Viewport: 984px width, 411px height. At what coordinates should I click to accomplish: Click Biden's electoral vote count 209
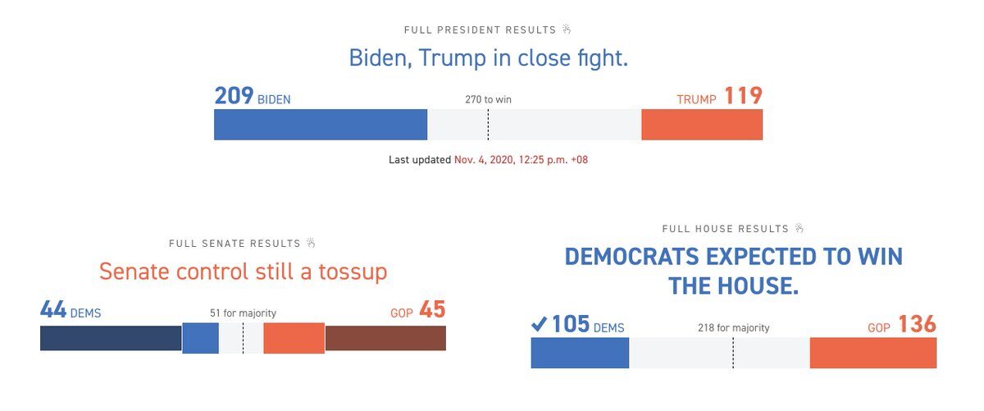pos(234,96)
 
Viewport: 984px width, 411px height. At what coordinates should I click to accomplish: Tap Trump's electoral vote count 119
pos(743,96)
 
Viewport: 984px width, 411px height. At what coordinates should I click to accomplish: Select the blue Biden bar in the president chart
pos(321,125)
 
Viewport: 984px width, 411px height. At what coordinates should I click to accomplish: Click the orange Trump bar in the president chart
pos(702,125)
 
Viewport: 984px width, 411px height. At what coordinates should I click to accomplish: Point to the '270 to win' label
pos(488,99)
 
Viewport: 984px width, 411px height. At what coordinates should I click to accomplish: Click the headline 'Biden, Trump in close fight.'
pos(488,58)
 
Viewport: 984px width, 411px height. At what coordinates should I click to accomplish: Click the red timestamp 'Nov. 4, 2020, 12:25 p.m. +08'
pos(521,160)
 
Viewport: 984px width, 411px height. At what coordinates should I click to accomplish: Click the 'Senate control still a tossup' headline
pos(243,272)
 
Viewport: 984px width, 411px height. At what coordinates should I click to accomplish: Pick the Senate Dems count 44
pos(53,310)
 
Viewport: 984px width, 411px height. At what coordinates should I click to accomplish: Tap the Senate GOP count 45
pos(432,310)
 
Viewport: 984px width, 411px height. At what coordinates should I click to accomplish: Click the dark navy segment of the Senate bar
pos(111,339)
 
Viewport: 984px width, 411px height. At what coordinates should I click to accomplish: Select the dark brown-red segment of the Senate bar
pos(385,339)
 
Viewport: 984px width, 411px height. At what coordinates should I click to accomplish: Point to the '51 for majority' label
pos(243,313)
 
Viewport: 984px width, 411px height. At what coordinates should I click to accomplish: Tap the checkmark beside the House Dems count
pos(539,325)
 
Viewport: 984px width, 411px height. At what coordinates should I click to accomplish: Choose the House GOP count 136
pos(917,325)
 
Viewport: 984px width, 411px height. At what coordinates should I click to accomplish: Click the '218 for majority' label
pos(733,328)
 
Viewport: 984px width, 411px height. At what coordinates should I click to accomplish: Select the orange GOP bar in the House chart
pos(872,353)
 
